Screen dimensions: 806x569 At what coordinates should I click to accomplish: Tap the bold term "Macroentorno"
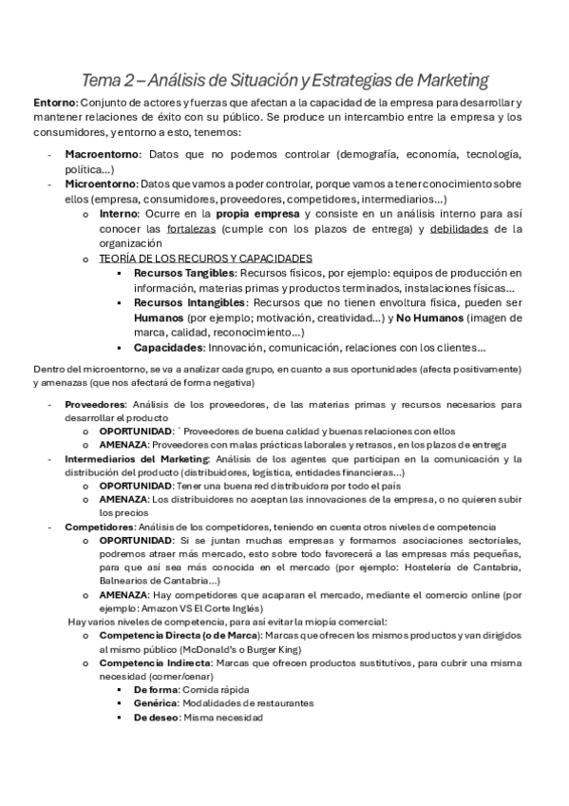102,153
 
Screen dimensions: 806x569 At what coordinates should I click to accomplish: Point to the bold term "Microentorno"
100,183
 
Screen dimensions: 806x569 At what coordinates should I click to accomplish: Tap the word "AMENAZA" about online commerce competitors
123,594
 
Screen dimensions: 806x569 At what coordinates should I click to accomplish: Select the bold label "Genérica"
155,703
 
